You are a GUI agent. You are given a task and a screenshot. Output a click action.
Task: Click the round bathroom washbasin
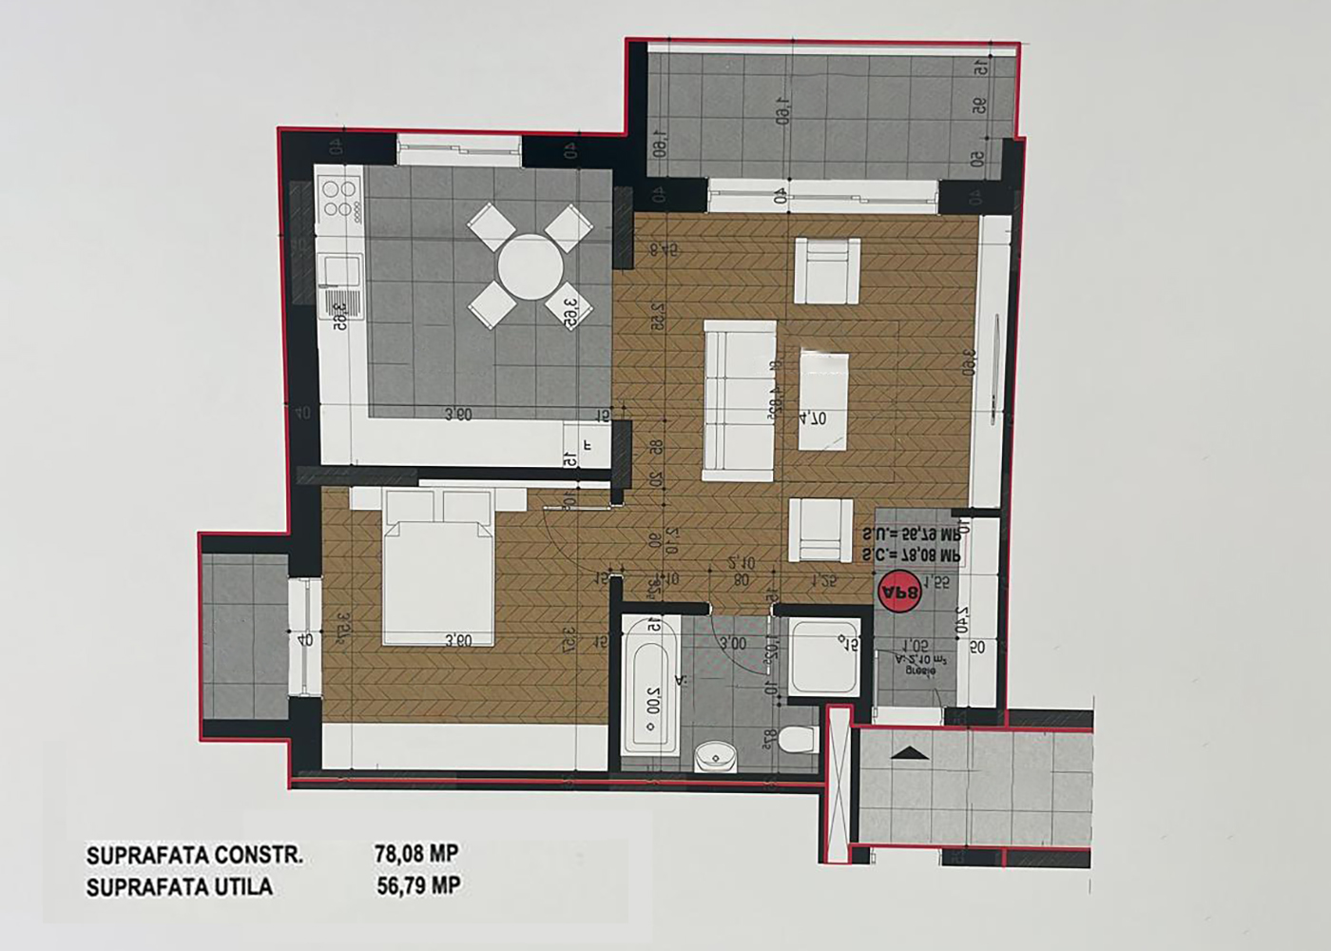pos(715,757)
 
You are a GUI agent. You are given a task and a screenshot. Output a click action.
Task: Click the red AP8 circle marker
pos(900,593)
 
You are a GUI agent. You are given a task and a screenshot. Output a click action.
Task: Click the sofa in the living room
pos(739,401)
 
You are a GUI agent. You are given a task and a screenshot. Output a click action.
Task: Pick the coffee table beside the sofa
pos(823,399)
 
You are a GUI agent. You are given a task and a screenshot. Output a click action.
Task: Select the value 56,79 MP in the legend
pos(418,886)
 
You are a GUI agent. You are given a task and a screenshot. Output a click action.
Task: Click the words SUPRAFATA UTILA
pos(180,887)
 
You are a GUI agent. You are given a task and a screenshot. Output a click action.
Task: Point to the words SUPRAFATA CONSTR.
pos(195,855)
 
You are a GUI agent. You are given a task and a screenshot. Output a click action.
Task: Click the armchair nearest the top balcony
pos(827,270)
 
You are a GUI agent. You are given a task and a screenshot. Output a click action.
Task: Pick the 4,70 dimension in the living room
pos(813,416)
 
